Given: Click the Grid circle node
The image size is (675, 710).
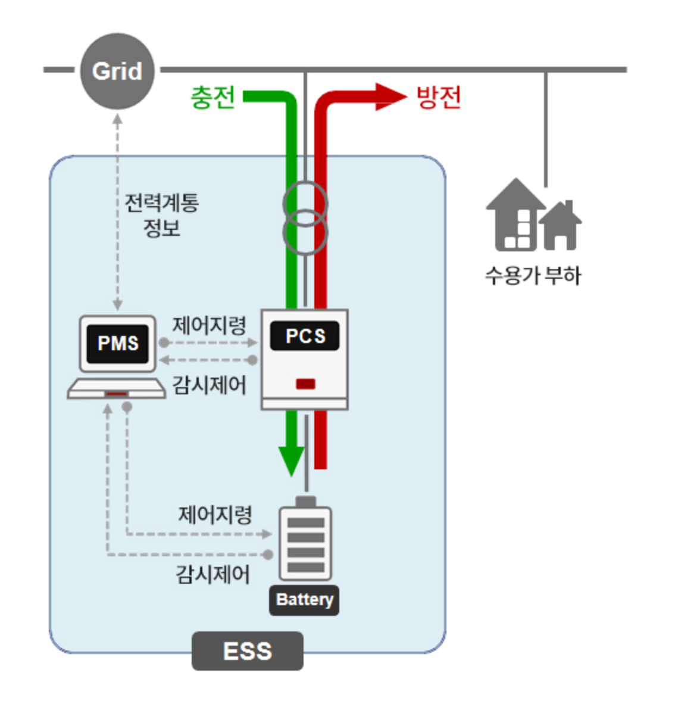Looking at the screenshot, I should click(117, 71).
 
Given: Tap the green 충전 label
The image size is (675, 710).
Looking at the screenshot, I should click(213, 97).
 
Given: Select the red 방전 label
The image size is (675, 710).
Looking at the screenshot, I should click(439, 96).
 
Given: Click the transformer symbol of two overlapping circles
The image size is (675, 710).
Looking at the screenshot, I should click(305, 218).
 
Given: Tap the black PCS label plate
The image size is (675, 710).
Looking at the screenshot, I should click(305, 336).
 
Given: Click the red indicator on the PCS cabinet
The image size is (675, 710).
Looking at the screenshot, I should click(305, 384).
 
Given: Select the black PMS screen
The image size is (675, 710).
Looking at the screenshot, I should click(118, 343).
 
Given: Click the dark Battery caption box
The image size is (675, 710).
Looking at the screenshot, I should click(304, 600).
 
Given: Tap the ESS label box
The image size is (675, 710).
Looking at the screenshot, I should click(247, 651).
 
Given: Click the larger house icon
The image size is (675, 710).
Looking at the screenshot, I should click(515, 216).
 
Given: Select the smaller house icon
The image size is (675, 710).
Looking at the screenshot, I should click(561, 226).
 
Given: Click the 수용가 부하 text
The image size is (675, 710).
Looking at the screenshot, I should click(533, 276).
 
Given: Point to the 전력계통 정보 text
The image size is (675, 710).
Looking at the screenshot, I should click(161, 215).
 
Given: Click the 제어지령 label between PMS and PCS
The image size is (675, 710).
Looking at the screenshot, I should click(209, 326).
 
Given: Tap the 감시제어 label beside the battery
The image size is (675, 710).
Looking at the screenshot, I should click(212, 575).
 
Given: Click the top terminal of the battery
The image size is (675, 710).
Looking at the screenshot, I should click(305, 502).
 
